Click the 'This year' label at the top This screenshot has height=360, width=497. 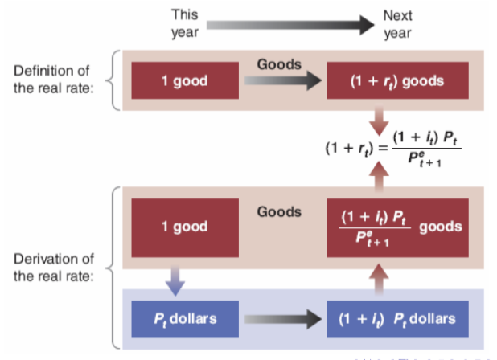point(184,23)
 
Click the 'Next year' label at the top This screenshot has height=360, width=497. point(397,23)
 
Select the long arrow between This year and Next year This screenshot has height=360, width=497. point(290,23)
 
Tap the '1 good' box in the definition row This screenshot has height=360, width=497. point(184,81)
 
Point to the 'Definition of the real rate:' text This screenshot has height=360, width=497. point(53,79)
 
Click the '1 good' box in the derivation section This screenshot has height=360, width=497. point(184,226)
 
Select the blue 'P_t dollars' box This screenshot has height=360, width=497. point(184,319)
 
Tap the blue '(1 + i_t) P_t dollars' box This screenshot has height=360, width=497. point(396,319)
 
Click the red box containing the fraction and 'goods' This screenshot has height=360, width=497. point(396,226)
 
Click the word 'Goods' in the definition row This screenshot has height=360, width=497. point(279,63)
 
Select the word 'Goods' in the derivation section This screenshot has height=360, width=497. point(279,212)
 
